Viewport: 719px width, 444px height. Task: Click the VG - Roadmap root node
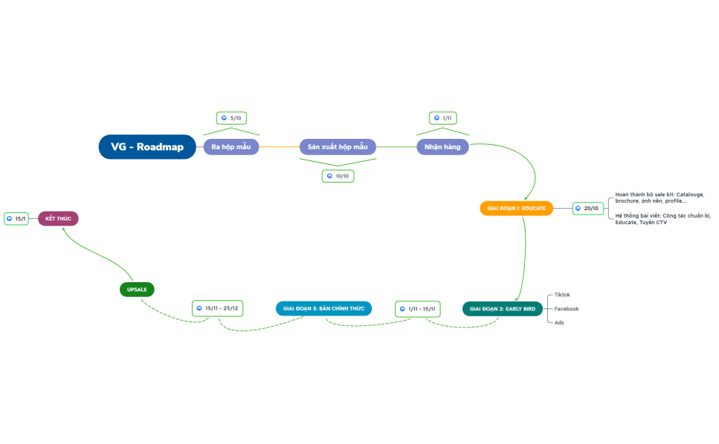coord(147,147)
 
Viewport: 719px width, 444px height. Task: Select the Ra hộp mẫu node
coord(230,147)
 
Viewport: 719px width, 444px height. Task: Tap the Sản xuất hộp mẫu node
coord(338,147)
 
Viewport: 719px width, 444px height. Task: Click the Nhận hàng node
coord(442,147)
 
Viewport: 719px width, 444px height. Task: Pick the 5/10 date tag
coord(232,118)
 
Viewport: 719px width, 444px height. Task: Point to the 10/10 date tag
coord(338,176)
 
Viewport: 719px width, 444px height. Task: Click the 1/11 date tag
coord(444,118)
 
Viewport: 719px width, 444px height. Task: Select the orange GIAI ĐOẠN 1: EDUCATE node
coord(516,209)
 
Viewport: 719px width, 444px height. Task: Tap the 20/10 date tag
coord(587,209)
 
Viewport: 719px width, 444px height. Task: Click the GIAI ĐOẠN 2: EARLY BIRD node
coord(502,309)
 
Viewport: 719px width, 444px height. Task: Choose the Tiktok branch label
coord(562,295)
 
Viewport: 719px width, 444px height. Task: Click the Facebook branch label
coord(567,309)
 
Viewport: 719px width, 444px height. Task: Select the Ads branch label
coord(559,323)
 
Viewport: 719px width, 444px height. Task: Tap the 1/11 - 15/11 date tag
coord(419,308)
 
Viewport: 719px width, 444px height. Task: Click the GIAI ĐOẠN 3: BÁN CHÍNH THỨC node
coord(323,308)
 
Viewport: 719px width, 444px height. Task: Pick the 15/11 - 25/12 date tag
coord(218,308)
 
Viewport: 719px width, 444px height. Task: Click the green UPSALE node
coord(137,290)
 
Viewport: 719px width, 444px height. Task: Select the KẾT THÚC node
coord(58,219)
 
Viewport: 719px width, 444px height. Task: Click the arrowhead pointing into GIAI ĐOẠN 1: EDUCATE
coord(526,197)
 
